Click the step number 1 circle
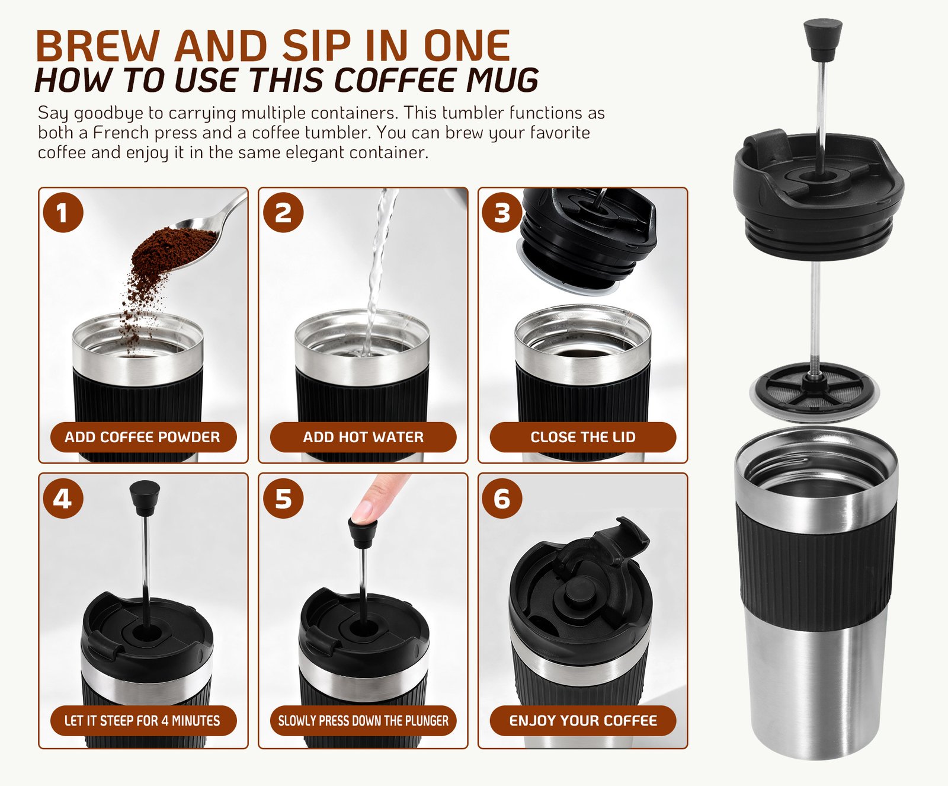[x=63, y=212]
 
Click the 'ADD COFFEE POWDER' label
[x=143, y=437]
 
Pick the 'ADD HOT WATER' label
[x=363, y=437]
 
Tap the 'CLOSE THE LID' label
[x=583, y=437]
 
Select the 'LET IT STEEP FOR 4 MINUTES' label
[x=143, y=721]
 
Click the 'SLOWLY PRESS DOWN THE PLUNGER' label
[x=363, y=721]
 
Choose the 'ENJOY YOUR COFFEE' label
[x=583, y=721]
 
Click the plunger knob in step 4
[x=145, y=497]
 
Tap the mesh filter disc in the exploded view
[x=814, y=392]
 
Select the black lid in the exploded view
[x=818, y=196]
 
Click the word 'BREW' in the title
[x=98, y=46]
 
